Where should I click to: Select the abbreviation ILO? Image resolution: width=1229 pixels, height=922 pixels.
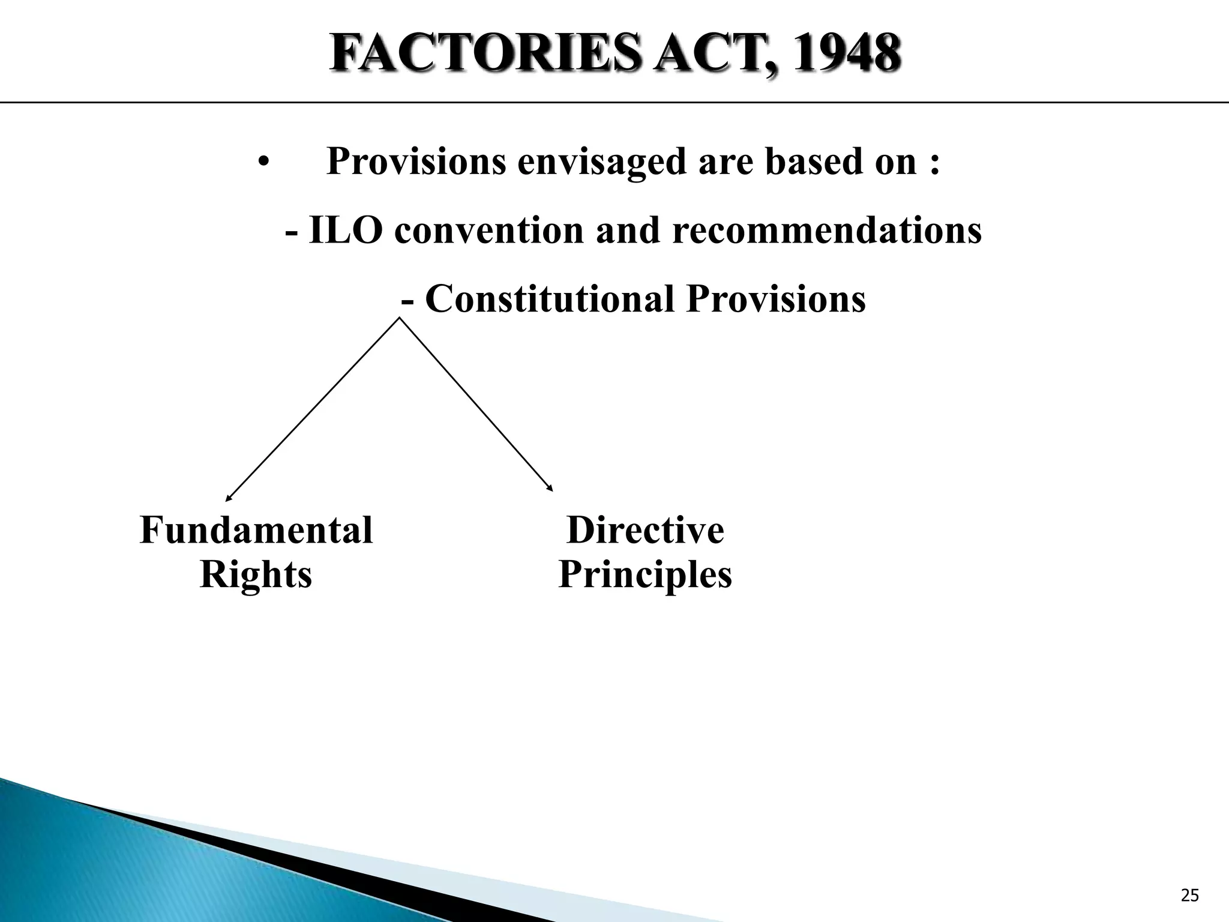click(x=345, y=230)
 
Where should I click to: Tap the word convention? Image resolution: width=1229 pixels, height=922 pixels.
click(x=488, y=230)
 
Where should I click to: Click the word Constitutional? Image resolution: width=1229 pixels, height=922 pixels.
click(x=550, y=299)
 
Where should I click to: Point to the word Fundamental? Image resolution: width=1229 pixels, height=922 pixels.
click(x=256, y=531)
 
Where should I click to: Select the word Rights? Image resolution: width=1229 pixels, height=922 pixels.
click(x=256, y=575)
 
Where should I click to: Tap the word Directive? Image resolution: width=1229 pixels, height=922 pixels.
click(x=645, y=531)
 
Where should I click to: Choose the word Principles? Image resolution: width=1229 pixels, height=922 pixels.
click(x=645, y=575)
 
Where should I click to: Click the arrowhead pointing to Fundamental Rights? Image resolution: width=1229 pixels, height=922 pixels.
click(x=227, y=498)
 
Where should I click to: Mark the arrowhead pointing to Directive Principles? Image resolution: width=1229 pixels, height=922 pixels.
click(x=550, y=489)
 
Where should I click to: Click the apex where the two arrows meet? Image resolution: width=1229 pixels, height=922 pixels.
click(x=400, y=318)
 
